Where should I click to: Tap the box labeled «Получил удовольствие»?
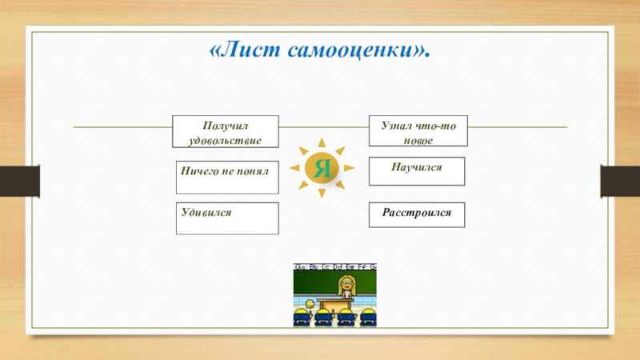tap(226, 131)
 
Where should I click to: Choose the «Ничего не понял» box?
tap(228, 177)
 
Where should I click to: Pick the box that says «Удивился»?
tap(228, 218)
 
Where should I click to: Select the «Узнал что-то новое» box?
tap(418, 130)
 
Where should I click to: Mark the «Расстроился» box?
tap(416, 214)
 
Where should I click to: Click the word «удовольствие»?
tap(226, 139)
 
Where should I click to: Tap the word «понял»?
tap(252, 170)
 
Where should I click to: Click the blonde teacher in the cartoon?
tap(348, 285)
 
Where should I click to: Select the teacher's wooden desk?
tap(337, 304)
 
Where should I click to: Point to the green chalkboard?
tap(316, 282)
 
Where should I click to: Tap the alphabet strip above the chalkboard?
tap(335, 266)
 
